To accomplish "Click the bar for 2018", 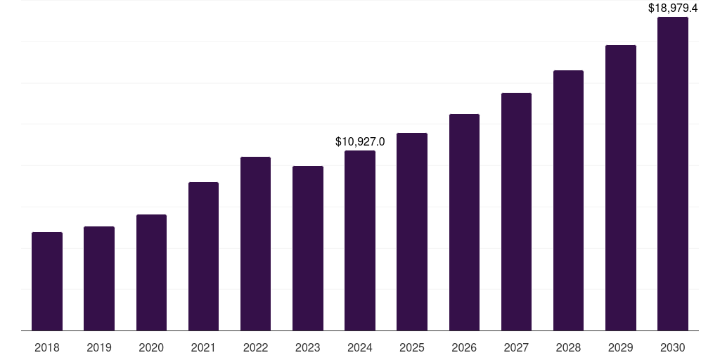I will point(47,281).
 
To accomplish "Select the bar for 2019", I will point(99,278).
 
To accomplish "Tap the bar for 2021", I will point(203,257).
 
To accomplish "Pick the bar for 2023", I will point(308,248).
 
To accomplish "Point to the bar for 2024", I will point(360,240).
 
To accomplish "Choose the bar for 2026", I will point(464,222).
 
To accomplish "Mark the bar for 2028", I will point(568,200).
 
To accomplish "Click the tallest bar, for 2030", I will point(673,174).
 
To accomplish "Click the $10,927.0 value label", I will point(360,141).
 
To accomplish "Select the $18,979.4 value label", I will point(673,8).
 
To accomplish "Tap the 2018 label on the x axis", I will point(47,347).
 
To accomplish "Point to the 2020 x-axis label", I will point(151,347).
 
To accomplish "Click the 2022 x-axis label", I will point(256,347).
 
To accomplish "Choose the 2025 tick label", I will point(412,347).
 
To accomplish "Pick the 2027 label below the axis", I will point(516,347).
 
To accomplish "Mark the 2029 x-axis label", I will point(621,347).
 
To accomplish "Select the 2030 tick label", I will point(673,347).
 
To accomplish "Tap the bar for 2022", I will point(256,243).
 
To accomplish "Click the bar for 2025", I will point(412,231).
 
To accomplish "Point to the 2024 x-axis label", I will point(360,347).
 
